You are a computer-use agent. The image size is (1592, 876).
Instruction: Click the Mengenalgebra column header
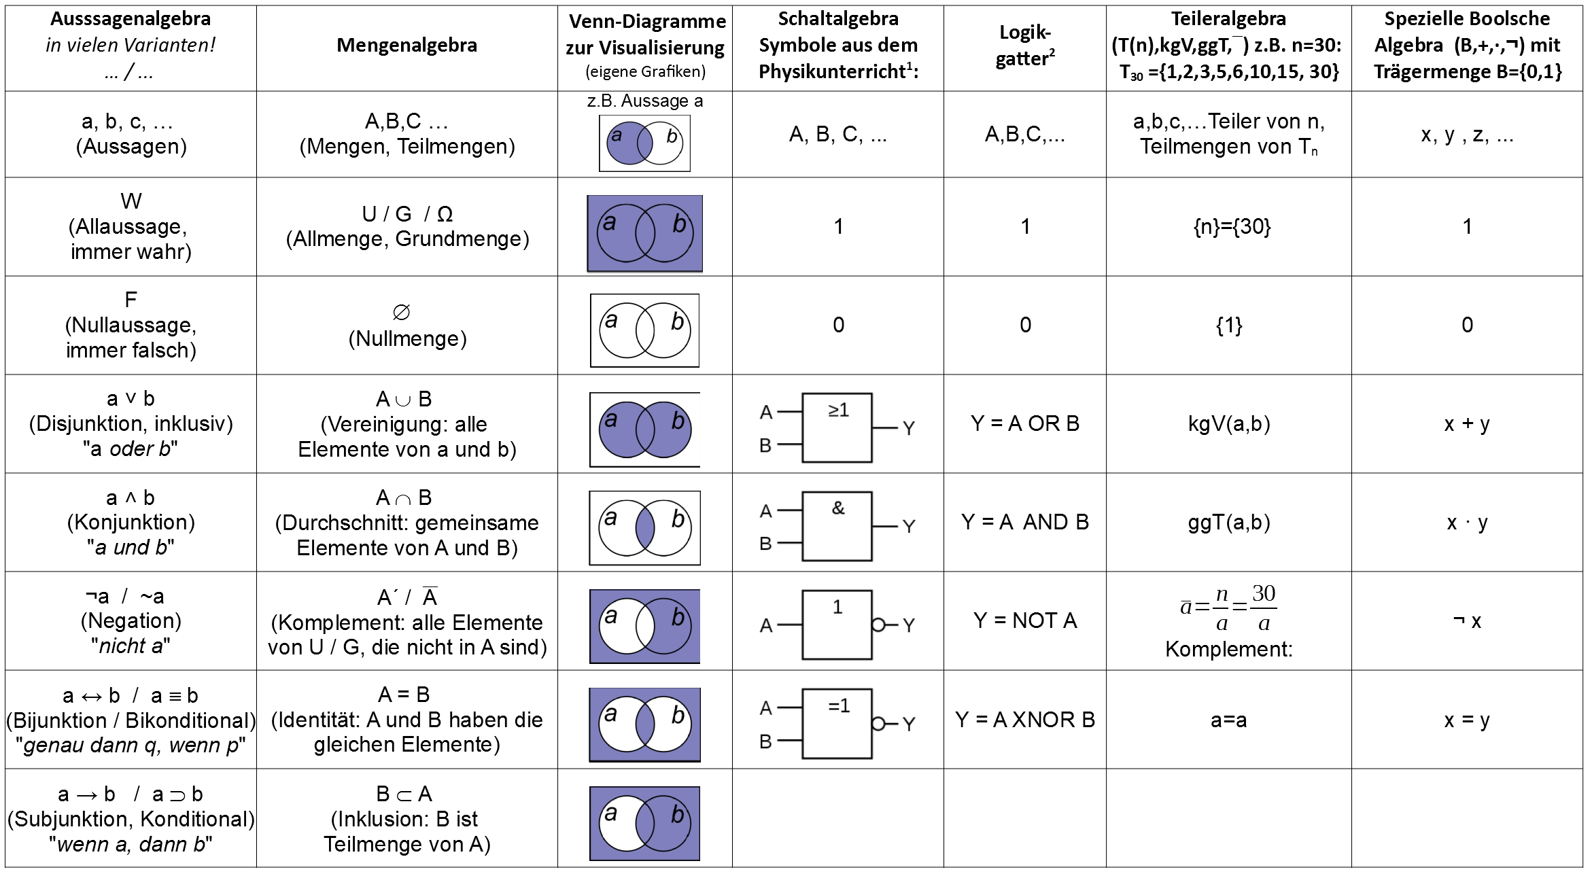point(406,46)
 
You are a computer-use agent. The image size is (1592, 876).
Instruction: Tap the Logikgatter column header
point(1024,46)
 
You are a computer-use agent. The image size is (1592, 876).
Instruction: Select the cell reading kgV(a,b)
point(1228,424)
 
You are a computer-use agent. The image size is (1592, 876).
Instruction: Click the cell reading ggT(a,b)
point(1228,523)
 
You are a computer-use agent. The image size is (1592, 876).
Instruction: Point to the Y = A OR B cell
point(1024,424)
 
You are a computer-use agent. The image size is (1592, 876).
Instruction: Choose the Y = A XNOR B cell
point(1024,720)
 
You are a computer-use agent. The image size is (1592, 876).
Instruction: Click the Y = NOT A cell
point(1024,620)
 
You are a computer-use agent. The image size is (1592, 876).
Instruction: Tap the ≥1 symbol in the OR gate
point(838,410)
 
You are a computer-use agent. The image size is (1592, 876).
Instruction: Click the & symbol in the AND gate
point(838,508)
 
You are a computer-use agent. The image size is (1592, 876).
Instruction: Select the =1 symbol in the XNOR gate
point(839,706)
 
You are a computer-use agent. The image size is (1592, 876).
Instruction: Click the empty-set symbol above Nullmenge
point(402,312)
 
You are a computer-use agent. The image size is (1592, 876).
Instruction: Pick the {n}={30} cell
point(1231,226)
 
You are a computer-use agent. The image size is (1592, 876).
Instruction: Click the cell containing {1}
point(1228,326)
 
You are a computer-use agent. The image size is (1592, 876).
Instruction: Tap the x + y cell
point(1466,424)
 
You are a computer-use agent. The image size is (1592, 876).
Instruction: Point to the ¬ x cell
point(1466,621)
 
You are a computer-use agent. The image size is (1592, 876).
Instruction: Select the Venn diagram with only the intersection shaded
point(644,528)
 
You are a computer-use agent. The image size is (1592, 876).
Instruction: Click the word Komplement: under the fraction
point(1228,650)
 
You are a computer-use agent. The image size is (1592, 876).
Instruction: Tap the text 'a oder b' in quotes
point(131,449)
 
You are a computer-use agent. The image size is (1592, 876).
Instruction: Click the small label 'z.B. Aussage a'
point(644,101)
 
